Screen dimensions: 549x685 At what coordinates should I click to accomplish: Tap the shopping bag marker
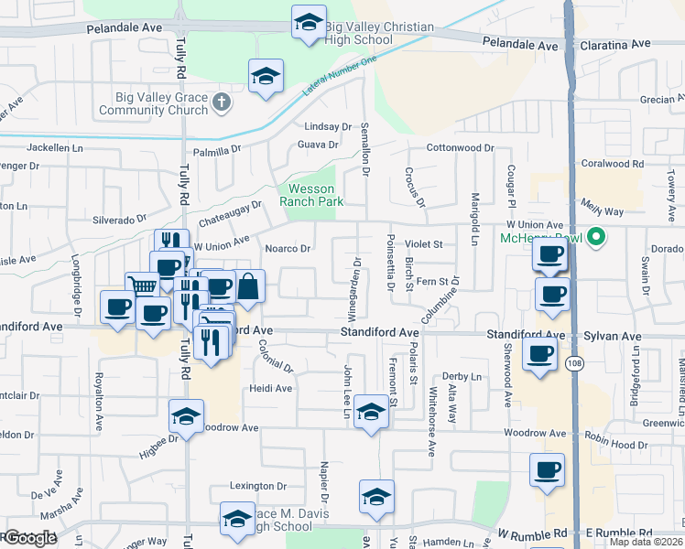249,287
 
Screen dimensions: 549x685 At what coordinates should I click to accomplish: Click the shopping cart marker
142,287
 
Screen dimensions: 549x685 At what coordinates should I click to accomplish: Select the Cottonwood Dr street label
459,147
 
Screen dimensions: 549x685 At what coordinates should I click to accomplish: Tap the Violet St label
424,244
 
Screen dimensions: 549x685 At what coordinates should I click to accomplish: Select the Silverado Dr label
119,220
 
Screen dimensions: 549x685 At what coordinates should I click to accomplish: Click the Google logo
29,538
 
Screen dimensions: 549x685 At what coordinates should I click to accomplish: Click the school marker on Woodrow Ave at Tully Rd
185,416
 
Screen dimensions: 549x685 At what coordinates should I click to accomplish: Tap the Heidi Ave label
270,388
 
